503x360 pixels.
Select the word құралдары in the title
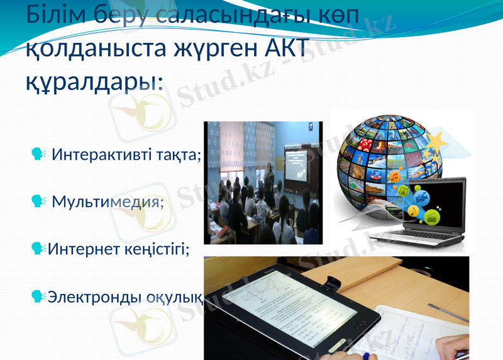click(93, 82)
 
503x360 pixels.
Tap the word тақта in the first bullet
click(181, 154)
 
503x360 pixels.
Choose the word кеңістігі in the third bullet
click(158, 249)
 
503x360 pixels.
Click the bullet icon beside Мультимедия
click(38, 201)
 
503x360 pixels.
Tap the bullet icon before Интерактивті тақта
click(38, 154)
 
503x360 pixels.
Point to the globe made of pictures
click(384, 160)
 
